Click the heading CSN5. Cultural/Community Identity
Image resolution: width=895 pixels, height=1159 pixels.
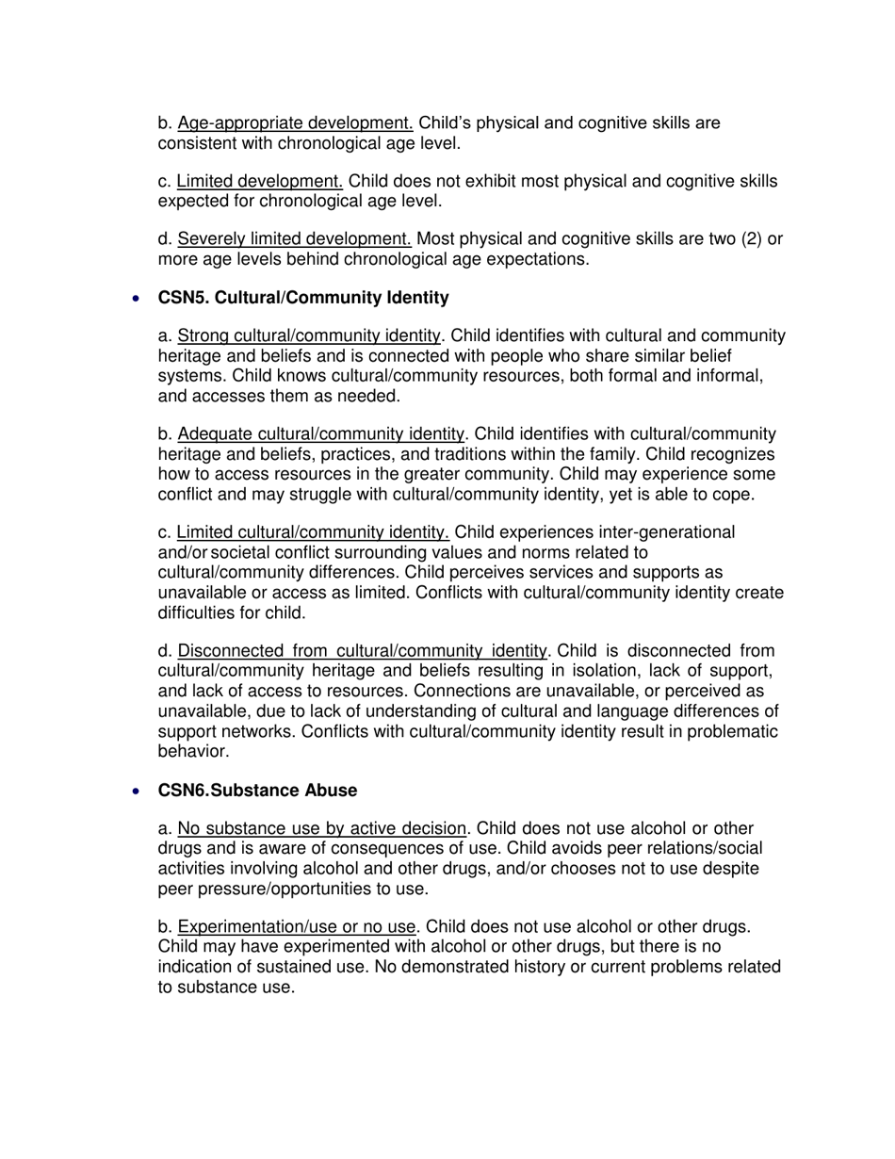pyautogui.click(x=303, y=298)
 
